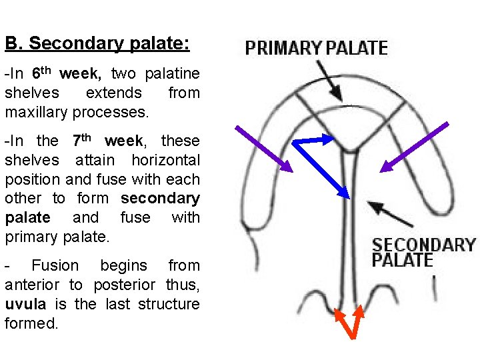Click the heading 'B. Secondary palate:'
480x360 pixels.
coord(97,44)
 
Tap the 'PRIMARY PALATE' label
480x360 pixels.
coord(316,48)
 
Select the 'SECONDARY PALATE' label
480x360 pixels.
coord(423,252)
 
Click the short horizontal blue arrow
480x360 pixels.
coord(313,140)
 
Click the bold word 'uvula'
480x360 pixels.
coord(24,304)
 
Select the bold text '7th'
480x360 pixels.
coord(81,140)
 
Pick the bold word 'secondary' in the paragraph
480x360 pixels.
coord(160,198)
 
